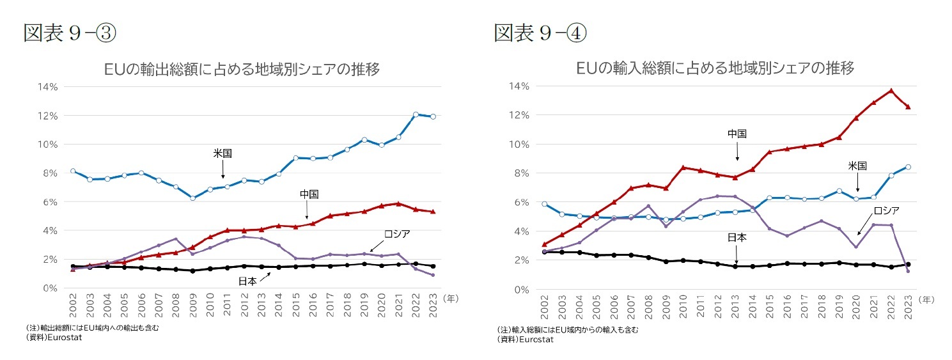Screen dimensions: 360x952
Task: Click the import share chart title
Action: [714, 68]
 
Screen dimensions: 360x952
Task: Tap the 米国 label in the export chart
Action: [222, 153]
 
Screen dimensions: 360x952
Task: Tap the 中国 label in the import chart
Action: [737, 134]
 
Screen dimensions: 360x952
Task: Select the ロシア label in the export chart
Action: [396, 234]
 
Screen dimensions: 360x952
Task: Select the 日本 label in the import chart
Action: [737, 237]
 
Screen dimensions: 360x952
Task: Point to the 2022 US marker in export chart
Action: [415, 114]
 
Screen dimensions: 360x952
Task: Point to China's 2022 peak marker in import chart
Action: [891, 91]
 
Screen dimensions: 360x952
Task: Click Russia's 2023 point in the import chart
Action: [909, 271]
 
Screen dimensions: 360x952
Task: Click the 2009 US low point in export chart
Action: [192, 198]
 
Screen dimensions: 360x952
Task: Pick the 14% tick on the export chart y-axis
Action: [49, 86]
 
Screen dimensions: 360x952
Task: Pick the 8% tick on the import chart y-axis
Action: [519, 173]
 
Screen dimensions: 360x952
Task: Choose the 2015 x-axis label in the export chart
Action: [296, 308]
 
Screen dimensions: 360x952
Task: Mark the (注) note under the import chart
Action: [567, 329]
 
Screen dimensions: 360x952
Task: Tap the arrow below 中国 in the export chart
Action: [307, 210]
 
